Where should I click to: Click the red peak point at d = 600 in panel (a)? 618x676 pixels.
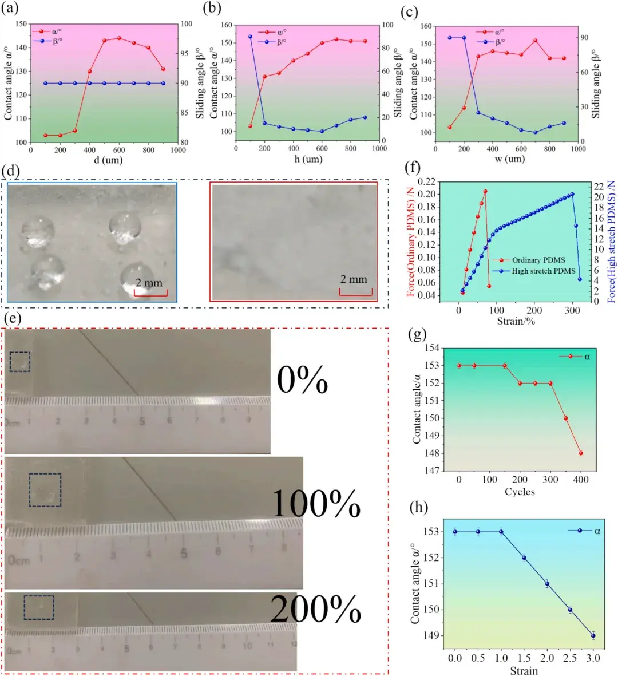(x=119, y=38)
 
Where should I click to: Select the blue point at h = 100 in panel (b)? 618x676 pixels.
(x=250, y=37)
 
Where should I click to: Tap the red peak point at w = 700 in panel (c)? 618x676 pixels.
(x=535, y=41)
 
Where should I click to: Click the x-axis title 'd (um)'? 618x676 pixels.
(x=108, y=160)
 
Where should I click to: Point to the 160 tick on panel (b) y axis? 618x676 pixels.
(x=227, y=25)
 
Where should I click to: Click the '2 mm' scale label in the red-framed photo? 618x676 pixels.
(x=354, y=279)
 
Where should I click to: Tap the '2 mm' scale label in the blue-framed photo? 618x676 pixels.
(x=149, y=283)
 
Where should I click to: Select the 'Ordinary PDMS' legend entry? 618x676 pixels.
(x=538, y=260)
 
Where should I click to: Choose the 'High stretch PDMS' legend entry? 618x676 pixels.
(x=543, y=271)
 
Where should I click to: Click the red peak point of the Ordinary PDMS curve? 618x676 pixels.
(x=485, y=191)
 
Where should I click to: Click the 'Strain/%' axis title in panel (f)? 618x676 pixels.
(x=516, y=321)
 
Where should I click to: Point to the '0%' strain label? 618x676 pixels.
(x=302, y=379)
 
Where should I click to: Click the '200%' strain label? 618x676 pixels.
(x=315, y=610)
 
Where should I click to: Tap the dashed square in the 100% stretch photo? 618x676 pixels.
(x=45, y=489)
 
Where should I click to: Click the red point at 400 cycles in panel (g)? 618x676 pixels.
(x=581, y=453)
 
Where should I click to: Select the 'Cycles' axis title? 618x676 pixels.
(x=520, y=492)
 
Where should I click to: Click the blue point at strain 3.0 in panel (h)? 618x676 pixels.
(x=593, y=635)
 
